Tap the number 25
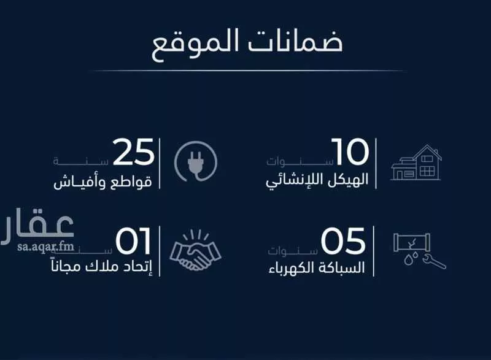coord(133,153)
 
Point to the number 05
coord(344,241)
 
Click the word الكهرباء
coord(292,269)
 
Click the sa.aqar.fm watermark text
coord(36,247)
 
